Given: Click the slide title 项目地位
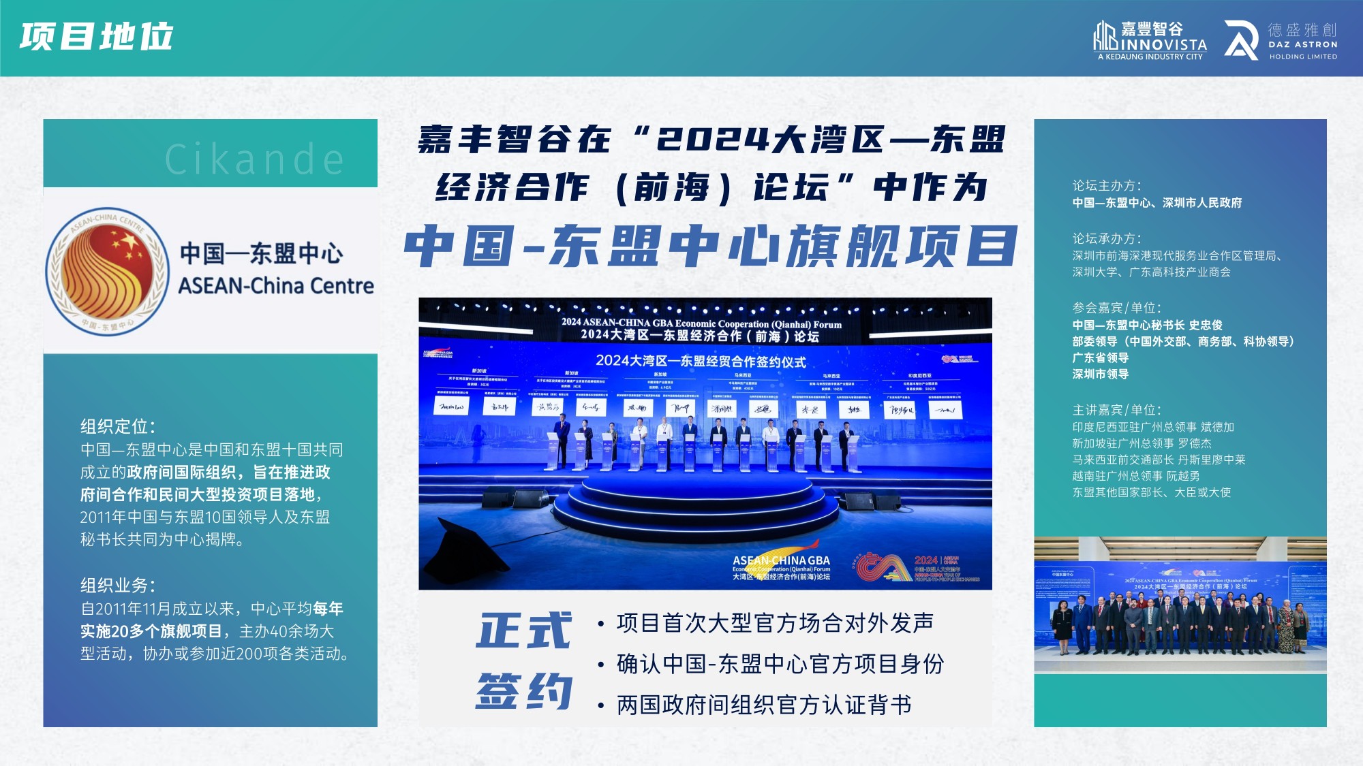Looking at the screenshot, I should coord(96,37).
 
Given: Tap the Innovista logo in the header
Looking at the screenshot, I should coord(1150,40).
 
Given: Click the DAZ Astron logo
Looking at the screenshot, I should coord(1281,40).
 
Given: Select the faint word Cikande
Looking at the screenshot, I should coord(255,160).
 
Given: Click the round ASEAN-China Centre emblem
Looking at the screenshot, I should coord(108,271).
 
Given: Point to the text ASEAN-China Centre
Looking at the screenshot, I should coord(276,286).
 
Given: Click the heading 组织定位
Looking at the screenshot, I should coord(117,427).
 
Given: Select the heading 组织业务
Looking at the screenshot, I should coord(117,586).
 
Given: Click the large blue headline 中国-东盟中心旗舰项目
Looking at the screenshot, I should coord(711,246).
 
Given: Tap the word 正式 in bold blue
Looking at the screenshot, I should coord(523,631).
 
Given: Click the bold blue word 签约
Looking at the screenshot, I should coord(523,690).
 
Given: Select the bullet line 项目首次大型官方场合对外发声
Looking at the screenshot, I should coord(775,623).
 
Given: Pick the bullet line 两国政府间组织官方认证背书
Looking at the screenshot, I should coord(764,705).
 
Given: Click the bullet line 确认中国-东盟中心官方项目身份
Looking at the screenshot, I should coord(780,664).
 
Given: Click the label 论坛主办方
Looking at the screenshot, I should coord(1106,186).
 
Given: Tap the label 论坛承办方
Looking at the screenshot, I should coord(1106,239).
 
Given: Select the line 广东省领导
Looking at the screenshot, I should coord(1101,358).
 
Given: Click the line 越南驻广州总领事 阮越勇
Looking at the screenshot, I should coord(1136,476).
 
